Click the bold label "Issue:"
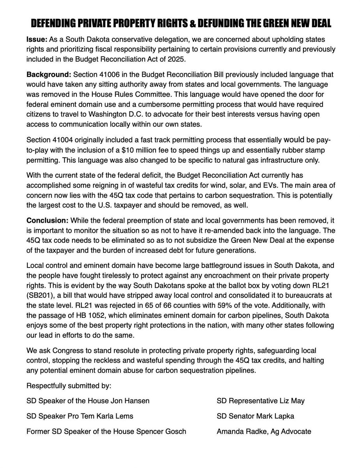pos(35,41)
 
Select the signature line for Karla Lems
pos(80,416)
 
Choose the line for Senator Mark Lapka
pos(255,416)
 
